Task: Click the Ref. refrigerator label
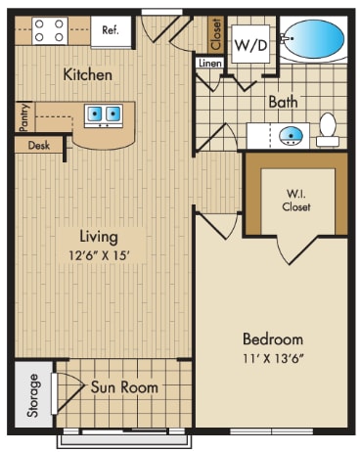point(110,30)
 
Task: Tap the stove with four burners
point(50,30)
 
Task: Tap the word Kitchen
point(87,74)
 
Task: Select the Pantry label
point(23,116)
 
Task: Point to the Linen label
point(209,63)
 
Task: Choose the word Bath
point(284,102)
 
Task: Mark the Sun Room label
point(124,387)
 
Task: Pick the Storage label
point(33,394)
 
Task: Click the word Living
point(99,236)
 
